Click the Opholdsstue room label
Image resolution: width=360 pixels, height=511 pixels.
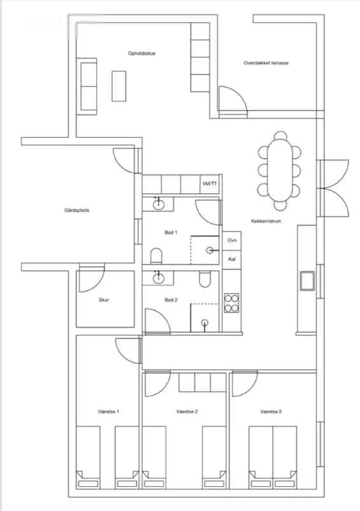[141, 53]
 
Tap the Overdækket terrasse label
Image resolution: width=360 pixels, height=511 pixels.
[266, 63]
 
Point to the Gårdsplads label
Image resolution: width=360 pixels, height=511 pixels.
[77, 210]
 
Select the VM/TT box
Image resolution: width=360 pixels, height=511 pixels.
[210, 184]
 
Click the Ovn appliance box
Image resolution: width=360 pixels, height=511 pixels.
[232, 240]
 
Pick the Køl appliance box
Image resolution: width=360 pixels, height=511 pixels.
[232, 260]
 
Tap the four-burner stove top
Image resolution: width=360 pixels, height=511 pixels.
[231, 303]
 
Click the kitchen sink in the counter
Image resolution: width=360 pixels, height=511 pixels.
[307, 280]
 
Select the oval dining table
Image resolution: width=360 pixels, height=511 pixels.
[279, 169]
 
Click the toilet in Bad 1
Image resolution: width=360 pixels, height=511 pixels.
[156, 256]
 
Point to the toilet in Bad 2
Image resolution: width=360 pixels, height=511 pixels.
[205, 279]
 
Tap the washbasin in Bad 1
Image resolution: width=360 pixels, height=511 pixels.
[158, 205]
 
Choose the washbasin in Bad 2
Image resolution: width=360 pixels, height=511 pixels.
[158, 278]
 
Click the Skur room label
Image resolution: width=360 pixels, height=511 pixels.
[104, 300]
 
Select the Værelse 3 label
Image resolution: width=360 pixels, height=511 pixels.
[271, 412]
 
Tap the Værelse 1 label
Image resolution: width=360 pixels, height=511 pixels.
[108, 412]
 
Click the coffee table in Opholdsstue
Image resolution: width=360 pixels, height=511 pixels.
[119, 86]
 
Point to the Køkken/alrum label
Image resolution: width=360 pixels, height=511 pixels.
[266, 221]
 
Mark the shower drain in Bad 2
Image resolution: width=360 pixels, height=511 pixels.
[205, 322]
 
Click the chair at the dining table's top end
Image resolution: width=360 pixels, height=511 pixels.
[280, 135]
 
